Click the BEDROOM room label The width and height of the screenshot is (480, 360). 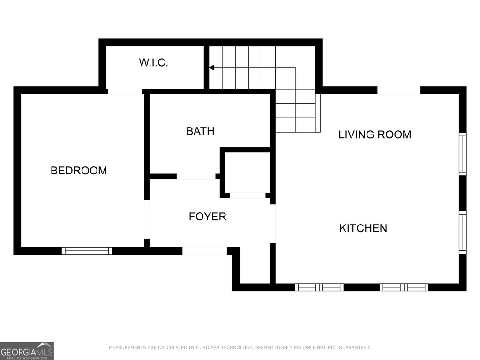[79, 171]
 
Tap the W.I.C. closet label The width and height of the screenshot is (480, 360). [153, 62]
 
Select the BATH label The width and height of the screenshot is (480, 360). [200, 131]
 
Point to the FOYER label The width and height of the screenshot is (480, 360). [208, 217]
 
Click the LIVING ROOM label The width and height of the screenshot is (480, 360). [375, 135]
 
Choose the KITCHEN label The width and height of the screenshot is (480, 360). [363, 228]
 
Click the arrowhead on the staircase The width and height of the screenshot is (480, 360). [211, 67]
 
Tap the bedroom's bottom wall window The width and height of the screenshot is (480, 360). [87, 251]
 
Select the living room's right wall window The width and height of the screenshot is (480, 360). [463, 154]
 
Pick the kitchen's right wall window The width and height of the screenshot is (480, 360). [463, 232]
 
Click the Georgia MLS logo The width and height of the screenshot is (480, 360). [27, 351]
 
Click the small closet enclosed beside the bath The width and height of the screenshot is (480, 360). [247, 172]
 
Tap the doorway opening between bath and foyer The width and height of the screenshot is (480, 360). [196, 176]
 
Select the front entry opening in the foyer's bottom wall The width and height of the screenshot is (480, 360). [204, 251]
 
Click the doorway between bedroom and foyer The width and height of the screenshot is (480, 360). [147, 219]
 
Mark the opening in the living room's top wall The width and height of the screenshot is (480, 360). [399, 90]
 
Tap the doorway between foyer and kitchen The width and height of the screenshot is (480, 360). [273, 224]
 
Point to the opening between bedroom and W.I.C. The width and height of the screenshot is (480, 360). [125, 91]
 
